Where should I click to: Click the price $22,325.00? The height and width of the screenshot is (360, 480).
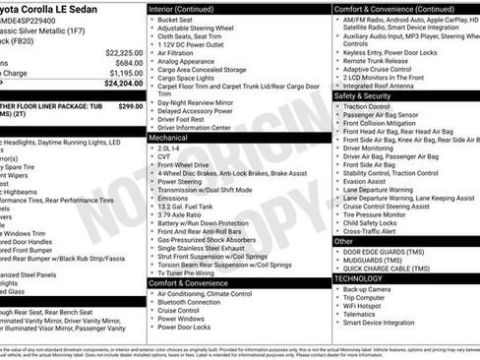click(x=123, y=52)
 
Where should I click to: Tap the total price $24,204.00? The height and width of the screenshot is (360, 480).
click(x=123, y=84)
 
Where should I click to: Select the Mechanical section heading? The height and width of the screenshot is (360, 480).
click(x=168, y=139)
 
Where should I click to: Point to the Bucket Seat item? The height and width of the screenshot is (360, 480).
click(x=174, y=19)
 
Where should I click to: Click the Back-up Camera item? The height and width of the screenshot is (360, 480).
click(x=367, y=289)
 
